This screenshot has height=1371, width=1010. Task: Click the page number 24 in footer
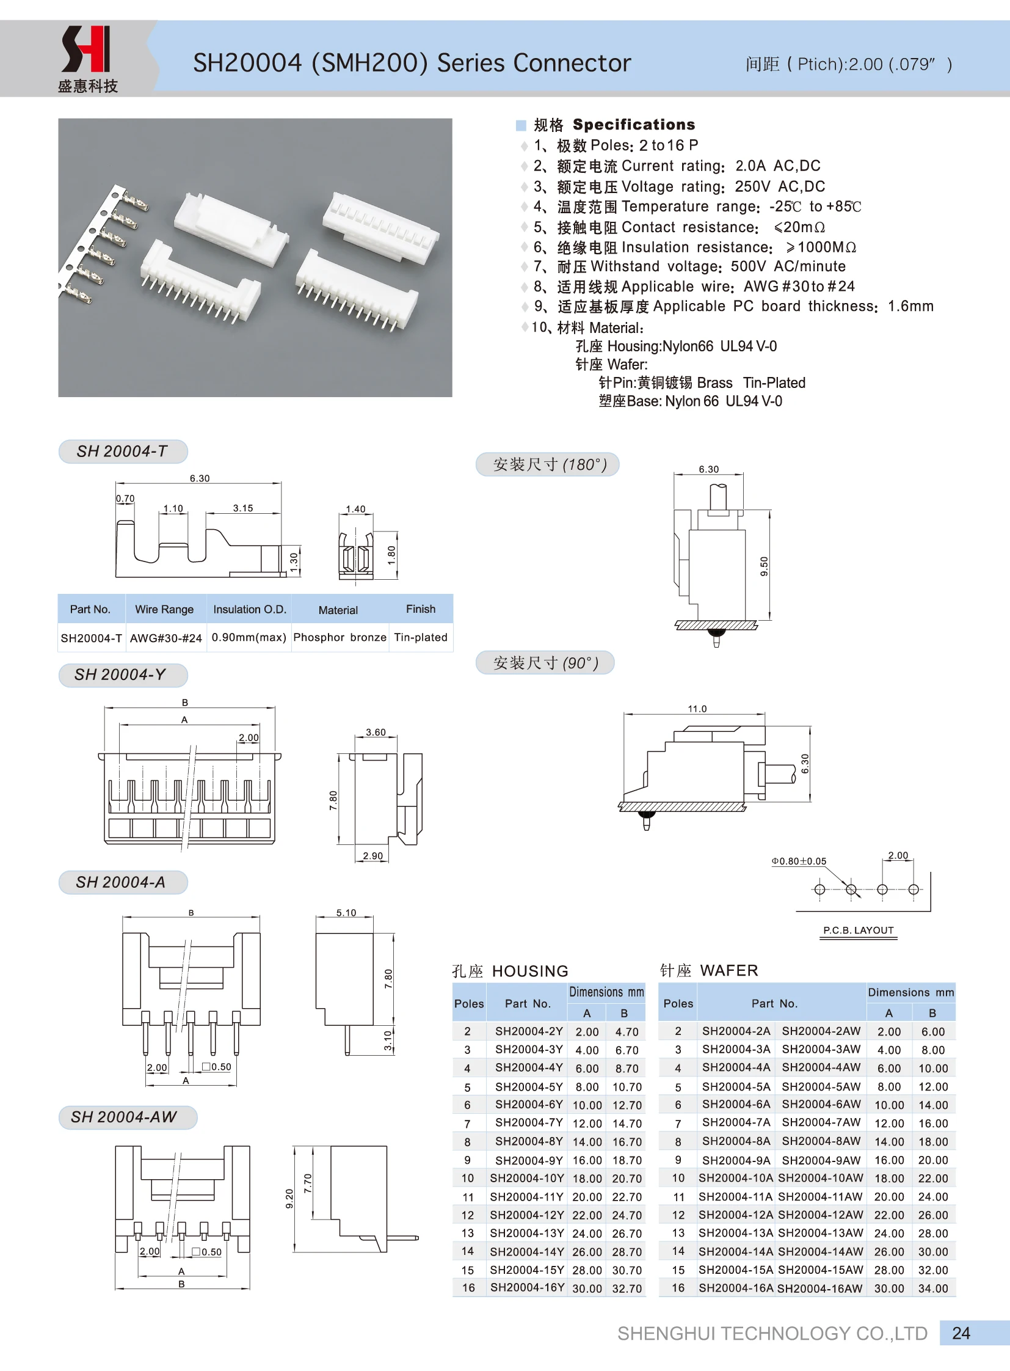(x=961, y=1333)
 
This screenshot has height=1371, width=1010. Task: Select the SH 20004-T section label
(x=122, y=452)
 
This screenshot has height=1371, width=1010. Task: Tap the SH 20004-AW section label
(x=124, y=1117)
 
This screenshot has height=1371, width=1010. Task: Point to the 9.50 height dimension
(x=764, y=566)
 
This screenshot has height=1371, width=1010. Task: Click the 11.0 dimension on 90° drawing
(x=697, y=709)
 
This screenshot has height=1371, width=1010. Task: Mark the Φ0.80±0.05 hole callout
(x=799, y=861)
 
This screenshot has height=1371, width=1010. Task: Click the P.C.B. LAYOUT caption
(x=858, y=930)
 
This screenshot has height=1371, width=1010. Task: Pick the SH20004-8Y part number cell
(x=528, y=1141)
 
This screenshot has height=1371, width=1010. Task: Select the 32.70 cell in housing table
(x=627, y=1289)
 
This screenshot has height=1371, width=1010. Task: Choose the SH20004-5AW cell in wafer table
(x=821, y=1086)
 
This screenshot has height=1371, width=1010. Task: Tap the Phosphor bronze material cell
(x=340, y=637)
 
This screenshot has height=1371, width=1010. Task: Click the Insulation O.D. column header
(x=249, y=609)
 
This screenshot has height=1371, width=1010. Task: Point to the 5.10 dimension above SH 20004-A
(x=346, y=913)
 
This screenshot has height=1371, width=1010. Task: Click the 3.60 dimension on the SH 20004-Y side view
(x=376, y=733)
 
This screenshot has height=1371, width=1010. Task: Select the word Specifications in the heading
(x=633, y=125)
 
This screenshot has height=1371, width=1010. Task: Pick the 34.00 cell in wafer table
(x=932, y=1289)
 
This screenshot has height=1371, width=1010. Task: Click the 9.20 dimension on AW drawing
(x=289, y=1198)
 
